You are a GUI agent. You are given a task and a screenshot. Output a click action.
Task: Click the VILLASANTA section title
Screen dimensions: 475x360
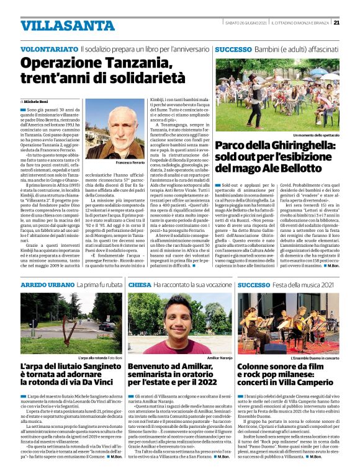(58, 26)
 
